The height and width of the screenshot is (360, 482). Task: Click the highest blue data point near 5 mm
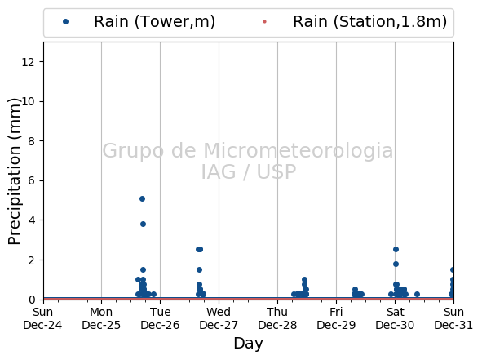[142, 198]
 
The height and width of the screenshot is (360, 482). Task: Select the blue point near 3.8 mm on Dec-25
[143, 224]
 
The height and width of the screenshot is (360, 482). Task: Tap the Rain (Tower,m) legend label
[154, 22]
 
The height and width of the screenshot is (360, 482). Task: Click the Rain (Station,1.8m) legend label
[369, 22]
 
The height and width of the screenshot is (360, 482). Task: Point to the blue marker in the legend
[65, 21]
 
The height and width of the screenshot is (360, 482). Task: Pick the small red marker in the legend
[264, 21]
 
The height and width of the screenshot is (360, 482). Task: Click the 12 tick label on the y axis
[28, 62]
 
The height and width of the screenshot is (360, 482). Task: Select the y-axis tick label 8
[31, 141]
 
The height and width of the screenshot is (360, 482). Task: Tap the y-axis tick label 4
[31, 220]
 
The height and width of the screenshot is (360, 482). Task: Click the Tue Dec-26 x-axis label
[160, 318]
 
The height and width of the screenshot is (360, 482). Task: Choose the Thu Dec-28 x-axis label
[277, 318]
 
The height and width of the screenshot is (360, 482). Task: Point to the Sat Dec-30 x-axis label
[395, 318]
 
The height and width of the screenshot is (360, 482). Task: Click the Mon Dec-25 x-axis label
[101, 318]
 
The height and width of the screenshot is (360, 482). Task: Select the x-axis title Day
[249, 344]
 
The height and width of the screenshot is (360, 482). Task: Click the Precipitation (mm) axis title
[14, 171]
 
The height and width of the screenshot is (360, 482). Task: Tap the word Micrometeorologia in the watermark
[298, 150]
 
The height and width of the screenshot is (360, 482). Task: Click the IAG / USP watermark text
[249, 171]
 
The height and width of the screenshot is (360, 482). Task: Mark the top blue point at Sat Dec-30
[396, 249]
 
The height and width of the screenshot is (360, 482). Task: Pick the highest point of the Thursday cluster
[304, 280]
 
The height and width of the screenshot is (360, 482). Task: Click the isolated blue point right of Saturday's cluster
[417, 294]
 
